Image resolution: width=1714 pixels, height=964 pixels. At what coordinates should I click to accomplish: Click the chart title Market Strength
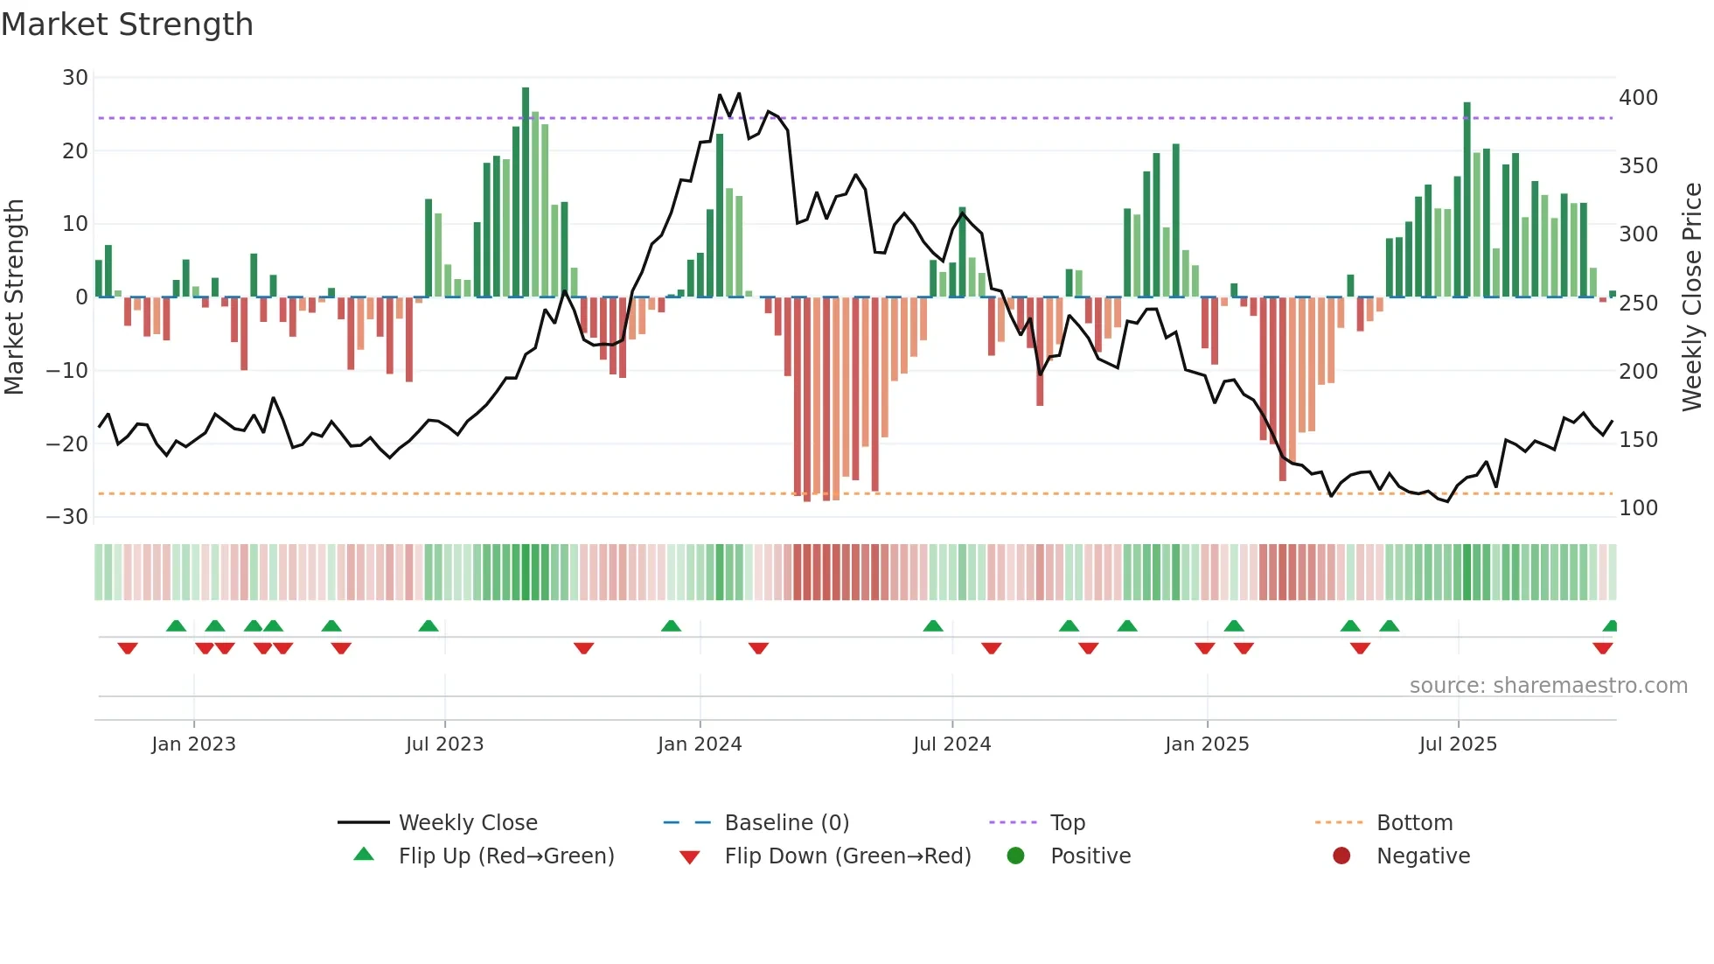point(128,24)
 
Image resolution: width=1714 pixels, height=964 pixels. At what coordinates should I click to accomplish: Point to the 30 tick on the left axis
point(75,78)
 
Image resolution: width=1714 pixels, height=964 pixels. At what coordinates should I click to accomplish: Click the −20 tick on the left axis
point(67,444)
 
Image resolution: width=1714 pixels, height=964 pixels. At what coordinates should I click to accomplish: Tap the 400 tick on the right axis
point(1638,98)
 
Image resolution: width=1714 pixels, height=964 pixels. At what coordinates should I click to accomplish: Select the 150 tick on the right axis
point(1638,440)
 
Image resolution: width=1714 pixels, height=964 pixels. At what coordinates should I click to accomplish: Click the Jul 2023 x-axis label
point(444,744)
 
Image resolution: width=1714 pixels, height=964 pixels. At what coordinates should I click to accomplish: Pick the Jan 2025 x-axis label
point(1207,744)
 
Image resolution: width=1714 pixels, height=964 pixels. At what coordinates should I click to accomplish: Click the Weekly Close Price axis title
point(1692,297)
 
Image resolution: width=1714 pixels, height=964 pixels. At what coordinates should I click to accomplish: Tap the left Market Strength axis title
point(15,297)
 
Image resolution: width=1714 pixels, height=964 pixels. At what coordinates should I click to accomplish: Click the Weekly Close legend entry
point(468,823)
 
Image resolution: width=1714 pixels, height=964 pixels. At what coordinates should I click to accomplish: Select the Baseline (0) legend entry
point(786,823)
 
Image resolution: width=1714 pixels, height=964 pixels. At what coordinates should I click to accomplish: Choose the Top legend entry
point(1067,823)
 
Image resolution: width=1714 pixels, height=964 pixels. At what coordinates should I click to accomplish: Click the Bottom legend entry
point(1414,823)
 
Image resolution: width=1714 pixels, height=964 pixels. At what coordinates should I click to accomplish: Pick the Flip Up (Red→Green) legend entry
point(505,856)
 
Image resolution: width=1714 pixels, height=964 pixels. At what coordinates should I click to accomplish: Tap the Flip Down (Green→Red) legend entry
point(847,856)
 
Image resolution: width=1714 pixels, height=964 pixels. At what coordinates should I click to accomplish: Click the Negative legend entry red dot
point(1341,856)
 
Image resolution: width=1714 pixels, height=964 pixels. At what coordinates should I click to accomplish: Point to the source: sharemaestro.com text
point(1548,686)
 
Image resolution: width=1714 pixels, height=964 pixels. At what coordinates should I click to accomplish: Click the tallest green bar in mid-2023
point(526,192)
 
